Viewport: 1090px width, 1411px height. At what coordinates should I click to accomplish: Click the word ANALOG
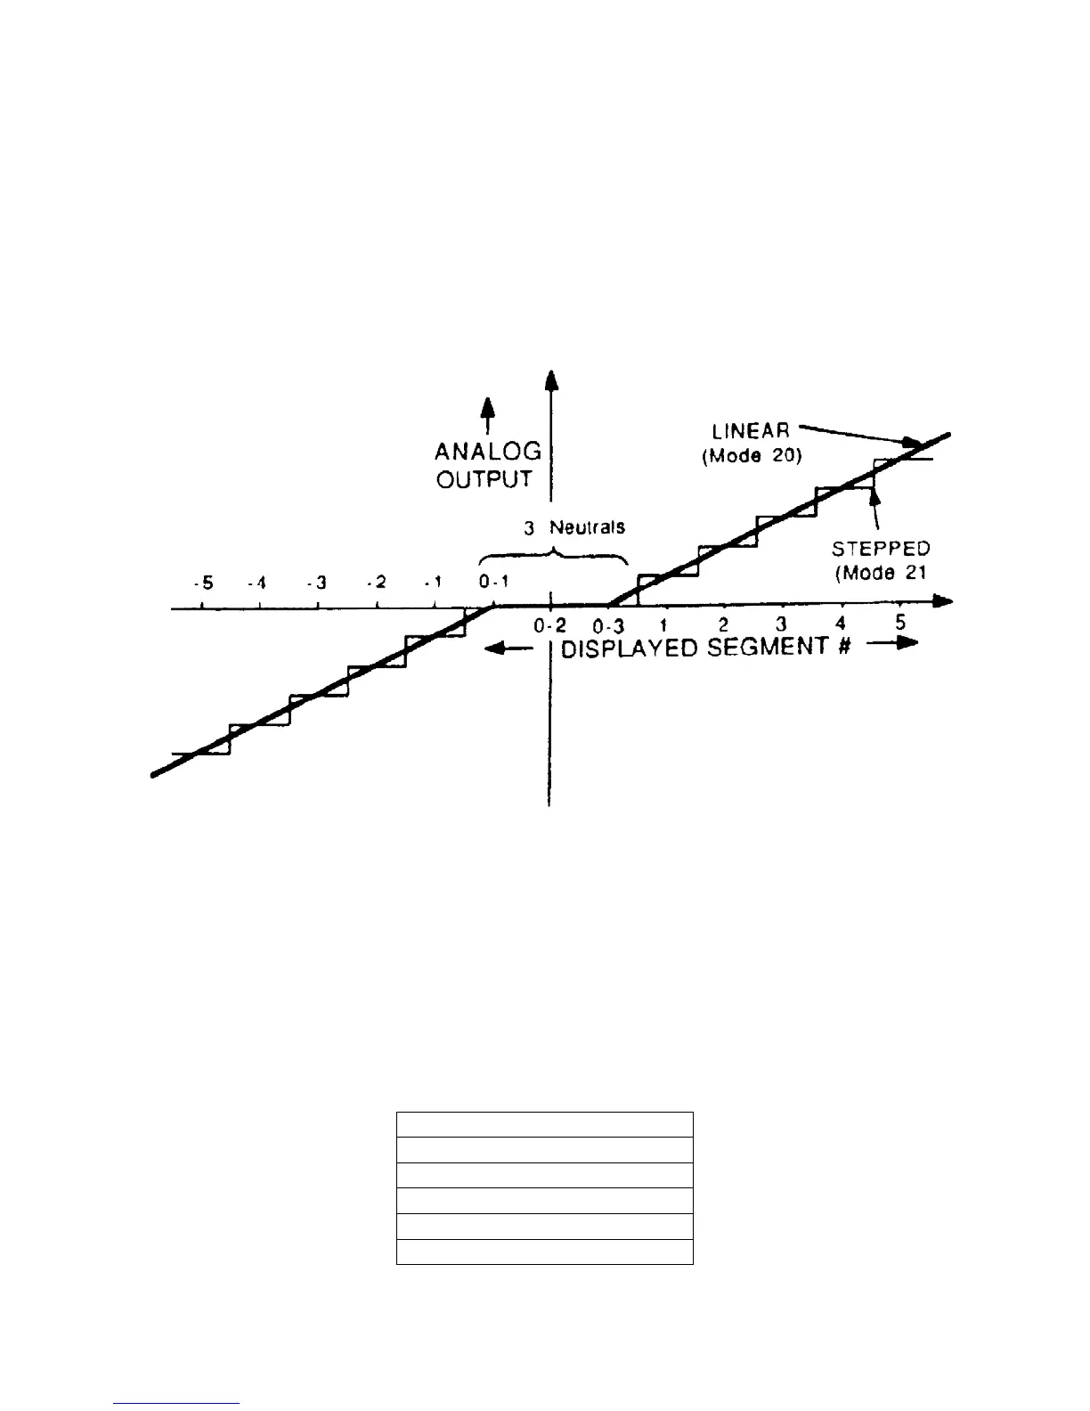(x=487, y=452)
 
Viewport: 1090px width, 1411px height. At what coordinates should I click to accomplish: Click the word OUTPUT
(x=484, y=479)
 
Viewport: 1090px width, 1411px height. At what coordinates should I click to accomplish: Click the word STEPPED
(x=880, y=549)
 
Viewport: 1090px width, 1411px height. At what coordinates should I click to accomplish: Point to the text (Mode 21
(x=880, y=573)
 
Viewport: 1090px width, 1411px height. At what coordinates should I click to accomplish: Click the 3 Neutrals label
(x=573, y=527)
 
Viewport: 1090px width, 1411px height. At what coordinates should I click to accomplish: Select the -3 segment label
(x=316, y=583)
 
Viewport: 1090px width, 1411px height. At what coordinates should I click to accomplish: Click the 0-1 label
(x=493, y=583)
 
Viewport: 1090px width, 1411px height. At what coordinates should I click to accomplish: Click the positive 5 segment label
(x=900, y=623)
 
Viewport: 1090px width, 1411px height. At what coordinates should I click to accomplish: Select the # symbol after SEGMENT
(x=842, y=648)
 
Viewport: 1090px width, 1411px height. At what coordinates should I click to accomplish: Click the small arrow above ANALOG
(x=487, y=410)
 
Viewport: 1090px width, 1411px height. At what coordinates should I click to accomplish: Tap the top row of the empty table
(x=544, y=1124)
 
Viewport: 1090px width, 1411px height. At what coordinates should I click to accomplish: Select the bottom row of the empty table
(x=544, y=1252)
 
